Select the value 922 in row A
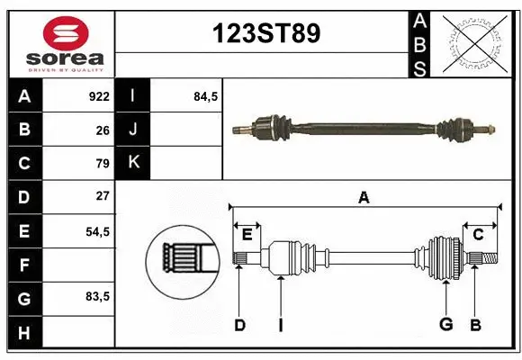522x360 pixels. point(98,95)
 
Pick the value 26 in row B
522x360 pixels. point(102,130)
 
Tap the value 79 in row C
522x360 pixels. point(102,164)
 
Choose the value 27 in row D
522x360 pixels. point(102,195)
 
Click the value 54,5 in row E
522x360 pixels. point(97,230)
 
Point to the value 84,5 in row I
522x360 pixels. point(206,95)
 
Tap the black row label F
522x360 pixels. point(23,265)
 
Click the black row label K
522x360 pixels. point(133,163)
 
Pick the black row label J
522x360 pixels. point(133,130)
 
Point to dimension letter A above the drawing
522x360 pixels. point(364,197)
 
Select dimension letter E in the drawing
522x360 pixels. point(247,235)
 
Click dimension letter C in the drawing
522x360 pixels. point(479,235)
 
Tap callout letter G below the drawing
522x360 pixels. point(445,324)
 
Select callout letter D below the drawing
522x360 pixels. point(239,324)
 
